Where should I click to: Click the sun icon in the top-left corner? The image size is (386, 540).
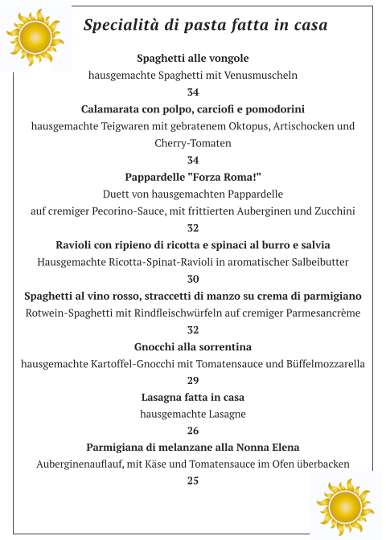[34, 37]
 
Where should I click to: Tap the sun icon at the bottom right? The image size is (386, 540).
[346, 505]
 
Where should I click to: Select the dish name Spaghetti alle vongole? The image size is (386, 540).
[193, 59]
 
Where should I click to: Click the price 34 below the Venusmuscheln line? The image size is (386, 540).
[193, 92]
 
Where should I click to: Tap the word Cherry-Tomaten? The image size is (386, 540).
[193, 143]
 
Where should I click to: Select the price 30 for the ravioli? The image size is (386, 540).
[193, 279]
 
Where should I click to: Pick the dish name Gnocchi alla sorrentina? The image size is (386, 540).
[193, 346]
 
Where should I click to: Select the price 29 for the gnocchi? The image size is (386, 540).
[193, 380]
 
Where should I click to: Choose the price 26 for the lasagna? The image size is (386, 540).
[193, 431]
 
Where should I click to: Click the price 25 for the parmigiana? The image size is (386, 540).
[193, 481]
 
